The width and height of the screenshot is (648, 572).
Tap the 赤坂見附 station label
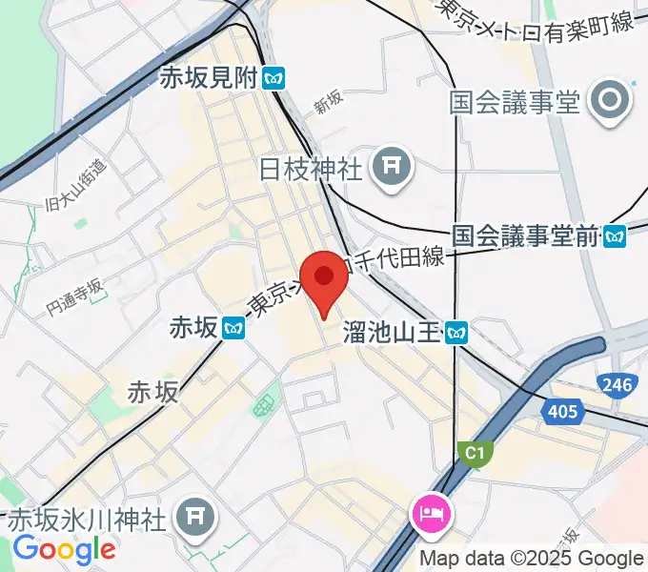(213, 79)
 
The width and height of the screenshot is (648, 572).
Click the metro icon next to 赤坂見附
(275, 79)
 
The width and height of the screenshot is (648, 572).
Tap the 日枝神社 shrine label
(311, 170)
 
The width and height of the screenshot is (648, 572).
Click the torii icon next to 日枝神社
(392, 169)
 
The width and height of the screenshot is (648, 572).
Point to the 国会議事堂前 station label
(525, 235)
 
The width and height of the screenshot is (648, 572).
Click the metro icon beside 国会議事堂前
(616, 235)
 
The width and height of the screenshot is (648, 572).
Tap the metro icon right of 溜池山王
(459, 332)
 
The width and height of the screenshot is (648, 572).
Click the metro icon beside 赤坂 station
(234, 329)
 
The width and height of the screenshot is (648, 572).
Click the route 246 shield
(616, 385)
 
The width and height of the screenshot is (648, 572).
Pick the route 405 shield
(562, 411)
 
